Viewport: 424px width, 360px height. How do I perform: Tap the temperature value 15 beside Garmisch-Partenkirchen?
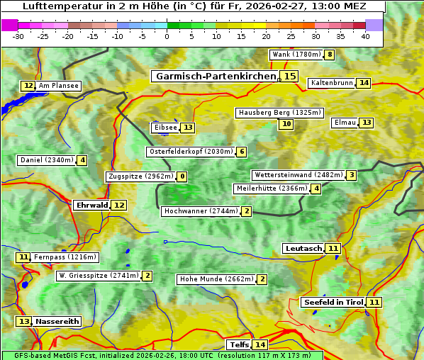tap(289, 76)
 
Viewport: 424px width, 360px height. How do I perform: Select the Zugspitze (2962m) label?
tap(140, 176)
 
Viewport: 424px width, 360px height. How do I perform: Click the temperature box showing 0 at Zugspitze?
tap(182, 176)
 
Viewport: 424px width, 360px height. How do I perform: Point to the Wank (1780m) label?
tap(296, 55)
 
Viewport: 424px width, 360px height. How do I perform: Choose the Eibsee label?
tap(164, 128)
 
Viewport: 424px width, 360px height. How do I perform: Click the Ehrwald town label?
tap(91, 206)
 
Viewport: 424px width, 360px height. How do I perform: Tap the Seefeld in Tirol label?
tap(333, 303)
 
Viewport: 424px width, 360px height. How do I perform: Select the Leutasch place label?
tap(303, 249)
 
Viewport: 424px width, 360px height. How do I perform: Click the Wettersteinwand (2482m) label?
tap(298, 175)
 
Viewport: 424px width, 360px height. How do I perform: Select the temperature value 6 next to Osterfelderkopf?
tap(242, 152)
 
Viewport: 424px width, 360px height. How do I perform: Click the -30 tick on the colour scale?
tap(18, 36)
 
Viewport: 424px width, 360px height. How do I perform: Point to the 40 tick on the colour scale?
tap(365, 36)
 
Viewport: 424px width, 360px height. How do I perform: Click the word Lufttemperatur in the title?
tap(57, 6)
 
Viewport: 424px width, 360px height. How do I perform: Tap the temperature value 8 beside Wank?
tap(330, 55)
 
